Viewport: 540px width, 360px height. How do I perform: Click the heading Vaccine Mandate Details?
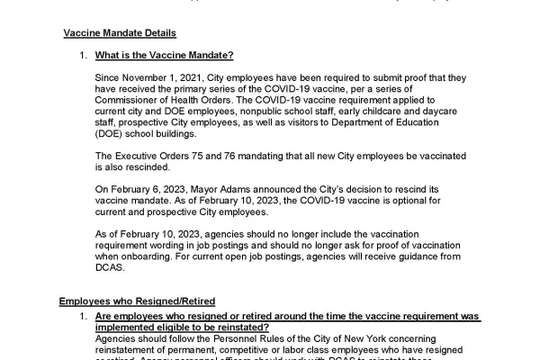(119, 33)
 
